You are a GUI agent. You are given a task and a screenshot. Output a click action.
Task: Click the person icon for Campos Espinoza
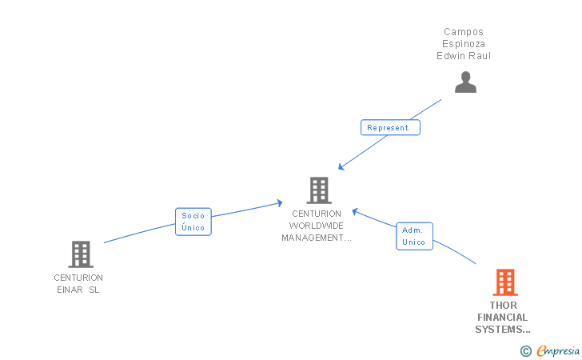coord(465,82)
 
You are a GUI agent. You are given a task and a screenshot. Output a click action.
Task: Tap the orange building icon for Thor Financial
coord(504,282)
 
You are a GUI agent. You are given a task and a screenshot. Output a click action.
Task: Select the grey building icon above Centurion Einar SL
coord(80,254)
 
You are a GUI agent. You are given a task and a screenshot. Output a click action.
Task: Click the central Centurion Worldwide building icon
coord(318,190)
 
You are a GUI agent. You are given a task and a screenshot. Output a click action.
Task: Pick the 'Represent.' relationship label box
coord(389,127)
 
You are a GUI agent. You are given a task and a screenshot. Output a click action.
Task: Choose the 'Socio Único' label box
coord(193,222)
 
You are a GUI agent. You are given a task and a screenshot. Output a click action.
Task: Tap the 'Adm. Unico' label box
coord(414,236)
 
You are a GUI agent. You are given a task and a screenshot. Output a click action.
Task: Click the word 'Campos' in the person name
coord(464,32)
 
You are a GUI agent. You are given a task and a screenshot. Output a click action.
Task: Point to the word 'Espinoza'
coord(464,44)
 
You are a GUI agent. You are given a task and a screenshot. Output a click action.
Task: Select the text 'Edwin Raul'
coord(464,56)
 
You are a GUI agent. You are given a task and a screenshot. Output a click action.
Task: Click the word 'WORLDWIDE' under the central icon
coord(317,226)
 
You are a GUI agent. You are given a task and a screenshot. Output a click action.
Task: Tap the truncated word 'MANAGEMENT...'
coord(317,238)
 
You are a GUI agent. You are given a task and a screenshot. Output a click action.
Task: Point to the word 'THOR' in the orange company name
coord(504,306)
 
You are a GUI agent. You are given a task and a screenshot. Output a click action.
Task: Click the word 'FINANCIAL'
coord(503,318)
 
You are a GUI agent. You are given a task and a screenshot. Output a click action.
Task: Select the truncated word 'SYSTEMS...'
coord(503,330)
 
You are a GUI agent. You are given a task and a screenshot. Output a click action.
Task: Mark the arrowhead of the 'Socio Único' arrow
coord(281,202)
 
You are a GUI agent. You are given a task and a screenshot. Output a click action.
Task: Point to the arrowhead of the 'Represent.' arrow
coord(341,167)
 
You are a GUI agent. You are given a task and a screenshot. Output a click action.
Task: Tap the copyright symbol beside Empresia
coord(525,350)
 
